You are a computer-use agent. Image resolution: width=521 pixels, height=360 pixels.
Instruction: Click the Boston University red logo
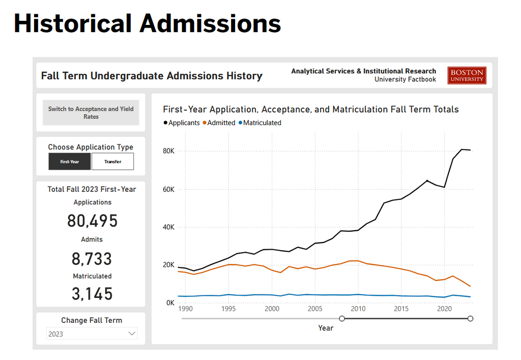coord(467,76)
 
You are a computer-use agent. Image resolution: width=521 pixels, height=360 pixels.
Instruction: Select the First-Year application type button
coord(70,162)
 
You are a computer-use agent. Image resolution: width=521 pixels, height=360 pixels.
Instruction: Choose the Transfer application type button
coord(112,162)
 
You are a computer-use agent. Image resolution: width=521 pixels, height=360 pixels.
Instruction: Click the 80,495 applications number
coord(92,221)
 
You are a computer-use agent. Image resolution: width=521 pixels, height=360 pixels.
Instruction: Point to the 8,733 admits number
coord(92,259)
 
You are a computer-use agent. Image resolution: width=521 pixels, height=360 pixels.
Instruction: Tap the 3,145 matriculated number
coord(92,294)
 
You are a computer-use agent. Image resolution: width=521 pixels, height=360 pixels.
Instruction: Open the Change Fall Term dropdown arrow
coord(132,334)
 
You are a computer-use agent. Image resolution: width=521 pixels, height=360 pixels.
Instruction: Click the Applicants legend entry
coord(182,123)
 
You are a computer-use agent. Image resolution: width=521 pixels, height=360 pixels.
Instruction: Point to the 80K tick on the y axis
coord(168,151)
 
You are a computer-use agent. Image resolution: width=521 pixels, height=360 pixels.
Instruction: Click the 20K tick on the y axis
coord(168,265)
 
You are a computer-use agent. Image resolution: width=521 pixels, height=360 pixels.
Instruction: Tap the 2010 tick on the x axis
coord(358,309)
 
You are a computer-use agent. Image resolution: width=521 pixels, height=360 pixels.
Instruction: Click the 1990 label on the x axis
coord(186,309)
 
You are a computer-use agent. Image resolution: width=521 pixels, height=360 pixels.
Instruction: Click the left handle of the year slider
coord(342,318)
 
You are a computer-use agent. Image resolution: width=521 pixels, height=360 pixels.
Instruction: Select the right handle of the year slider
coord(470,318)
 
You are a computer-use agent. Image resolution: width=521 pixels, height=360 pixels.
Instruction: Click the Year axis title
coord(326,328)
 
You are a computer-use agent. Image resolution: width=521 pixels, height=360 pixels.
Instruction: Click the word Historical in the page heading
coord(71,23)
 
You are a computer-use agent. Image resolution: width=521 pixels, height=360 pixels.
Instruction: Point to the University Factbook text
coord(405,79)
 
